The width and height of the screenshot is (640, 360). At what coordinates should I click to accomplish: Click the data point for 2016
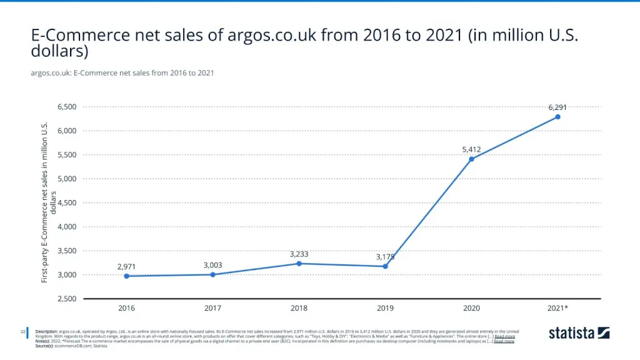click(127, 276)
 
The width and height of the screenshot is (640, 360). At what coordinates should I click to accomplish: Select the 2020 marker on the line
click(471, 159)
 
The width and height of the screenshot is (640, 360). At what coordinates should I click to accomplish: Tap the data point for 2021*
click(557, 117)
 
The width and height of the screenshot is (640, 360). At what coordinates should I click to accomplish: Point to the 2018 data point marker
click(299, 264)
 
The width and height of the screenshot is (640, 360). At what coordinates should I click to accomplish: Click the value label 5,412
click(471, 149)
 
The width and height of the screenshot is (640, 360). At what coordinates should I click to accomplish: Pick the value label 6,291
click(557, 107)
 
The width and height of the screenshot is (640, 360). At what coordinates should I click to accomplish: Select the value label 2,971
click(127, 267)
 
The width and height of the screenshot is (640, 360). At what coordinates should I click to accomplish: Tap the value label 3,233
click(299, 254)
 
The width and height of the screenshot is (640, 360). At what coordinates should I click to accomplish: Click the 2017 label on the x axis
click(213, 308)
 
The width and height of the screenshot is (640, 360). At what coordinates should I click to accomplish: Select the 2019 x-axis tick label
click(385, 308)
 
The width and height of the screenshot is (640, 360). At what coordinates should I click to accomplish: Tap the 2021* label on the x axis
click(557, 308)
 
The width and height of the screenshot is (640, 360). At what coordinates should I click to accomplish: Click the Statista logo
click(579, 333)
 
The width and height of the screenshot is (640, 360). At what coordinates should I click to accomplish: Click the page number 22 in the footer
click(22, 331)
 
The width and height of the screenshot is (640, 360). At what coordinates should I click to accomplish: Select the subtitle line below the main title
click(122, 72)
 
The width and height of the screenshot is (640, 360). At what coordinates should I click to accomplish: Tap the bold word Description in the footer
click(46, 331)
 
